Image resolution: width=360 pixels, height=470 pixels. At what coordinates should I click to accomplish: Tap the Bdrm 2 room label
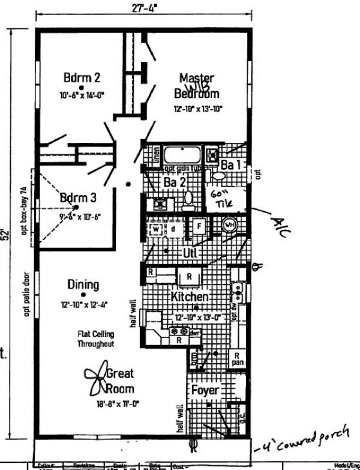[82, 78]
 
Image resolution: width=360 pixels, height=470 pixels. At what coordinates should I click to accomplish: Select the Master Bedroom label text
[197, 86]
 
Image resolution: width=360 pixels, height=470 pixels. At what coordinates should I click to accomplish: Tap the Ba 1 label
[229, 164]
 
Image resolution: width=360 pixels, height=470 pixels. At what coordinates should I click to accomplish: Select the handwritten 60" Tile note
[222, 197]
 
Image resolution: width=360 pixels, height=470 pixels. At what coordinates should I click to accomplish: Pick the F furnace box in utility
[197, 226]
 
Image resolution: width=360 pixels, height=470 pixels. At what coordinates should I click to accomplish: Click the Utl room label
[191, 253]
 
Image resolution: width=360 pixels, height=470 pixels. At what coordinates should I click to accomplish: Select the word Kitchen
[190, 297]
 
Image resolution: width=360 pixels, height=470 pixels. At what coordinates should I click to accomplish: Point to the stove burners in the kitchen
[178, 331]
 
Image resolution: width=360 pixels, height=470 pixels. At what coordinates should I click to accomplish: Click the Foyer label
[205, 390]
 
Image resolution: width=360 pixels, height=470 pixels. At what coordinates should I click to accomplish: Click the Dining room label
[83, 285]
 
